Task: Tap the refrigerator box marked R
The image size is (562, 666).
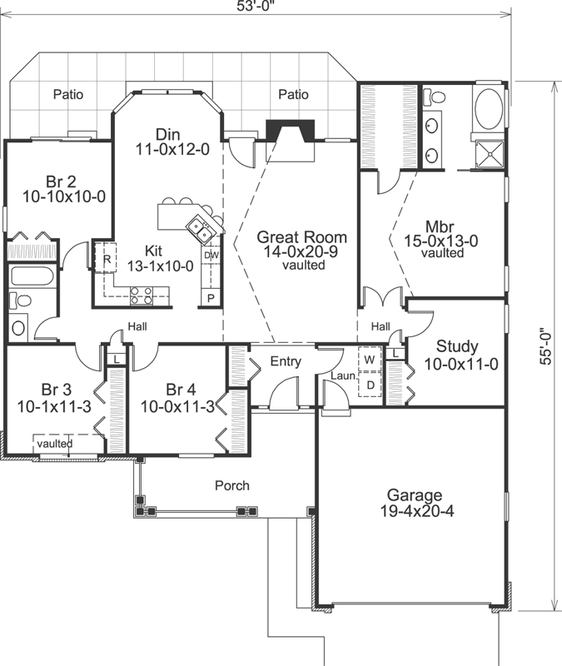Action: [x=107, y=259]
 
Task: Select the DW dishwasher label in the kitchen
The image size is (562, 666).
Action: [x=211, y=256]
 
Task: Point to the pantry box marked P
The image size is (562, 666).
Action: [x=211, y=297]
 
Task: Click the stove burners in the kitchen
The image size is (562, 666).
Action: [x=140, y=293]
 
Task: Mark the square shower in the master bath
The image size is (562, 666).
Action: [x=488, y=152]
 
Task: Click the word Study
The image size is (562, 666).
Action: [x=457, y=346]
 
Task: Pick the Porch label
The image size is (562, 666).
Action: [x=231, y=485]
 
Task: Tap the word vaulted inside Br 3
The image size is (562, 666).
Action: [x=54, y=444]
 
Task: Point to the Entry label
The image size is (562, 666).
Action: [x=286, y=361]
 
